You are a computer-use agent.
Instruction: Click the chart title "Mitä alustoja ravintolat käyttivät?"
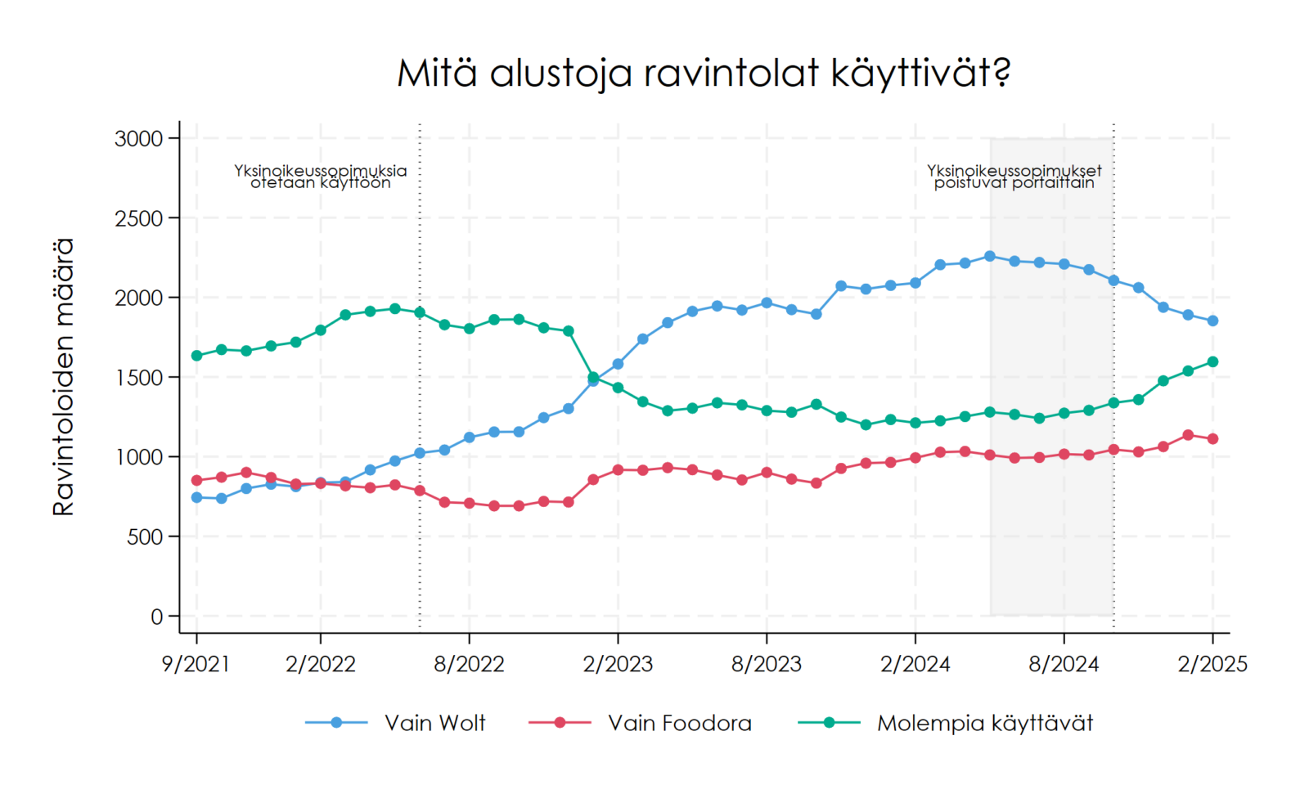tap(704, 74)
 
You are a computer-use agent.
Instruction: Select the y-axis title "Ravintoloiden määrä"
tap(63, 377)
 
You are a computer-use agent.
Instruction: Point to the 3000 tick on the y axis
tap(139, 139)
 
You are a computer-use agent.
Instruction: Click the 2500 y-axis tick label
tap(139, 218)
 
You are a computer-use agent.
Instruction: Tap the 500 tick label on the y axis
tap(145, 537)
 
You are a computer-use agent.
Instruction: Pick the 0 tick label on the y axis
tap(157, 617)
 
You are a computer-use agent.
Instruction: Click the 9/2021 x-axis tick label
tap(196, 664)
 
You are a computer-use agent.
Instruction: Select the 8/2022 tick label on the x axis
tap(469, 664)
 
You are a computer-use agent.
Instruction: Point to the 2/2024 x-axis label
tap(915, 664)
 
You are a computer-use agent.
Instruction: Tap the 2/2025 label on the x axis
tap(1212, 664)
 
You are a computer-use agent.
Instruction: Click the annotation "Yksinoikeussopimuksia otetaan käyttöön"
tap(321, 177)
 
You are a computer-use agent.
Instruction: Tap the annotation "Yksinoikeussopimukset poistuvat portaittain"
tap(1014, 177)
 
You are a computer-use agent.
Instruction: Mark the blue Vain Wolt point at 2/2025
tap(1212, 321)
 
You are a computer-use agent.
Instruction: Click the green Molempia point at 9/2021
tap(196, 356)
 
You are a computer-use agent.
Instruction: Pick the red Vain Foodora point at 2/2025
tap(1212, 439)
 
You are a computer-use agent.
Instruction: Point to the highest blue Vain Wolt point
tap(990, 256)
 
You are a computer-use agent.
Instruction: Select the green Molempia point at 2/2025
tap(1212, 361)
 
